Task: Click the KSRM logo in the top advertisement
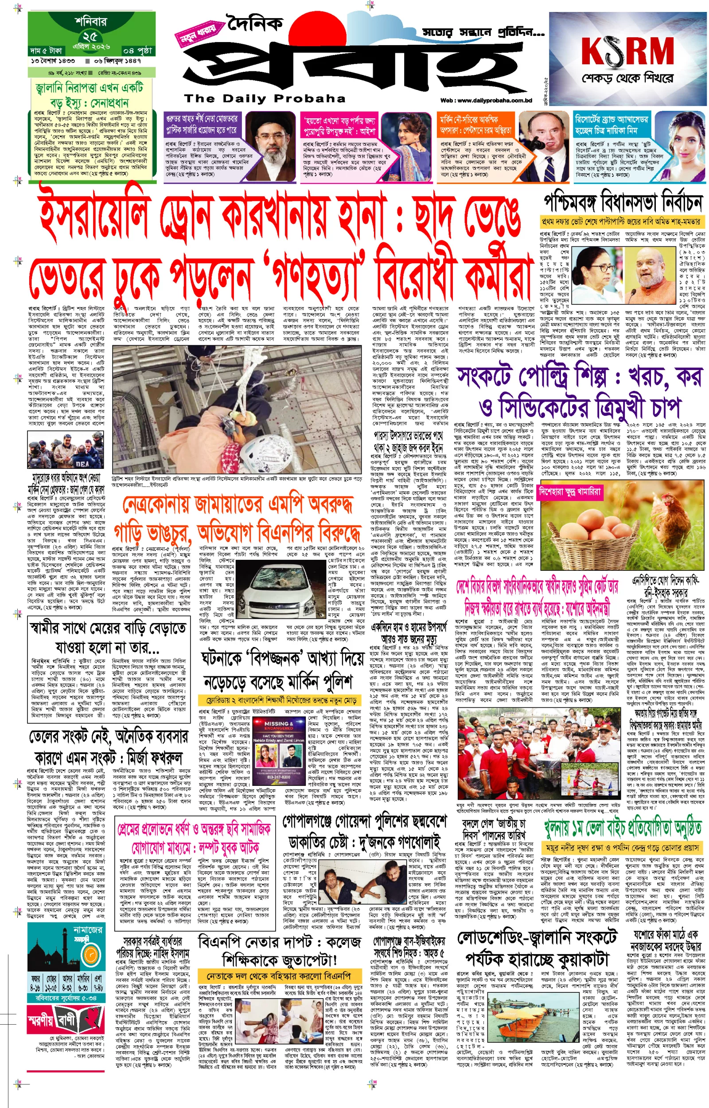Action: pos(627,51)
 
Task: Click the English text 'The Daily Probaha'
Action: pos(264,98)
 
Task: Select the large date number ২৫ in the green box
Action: pos(90,36)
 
